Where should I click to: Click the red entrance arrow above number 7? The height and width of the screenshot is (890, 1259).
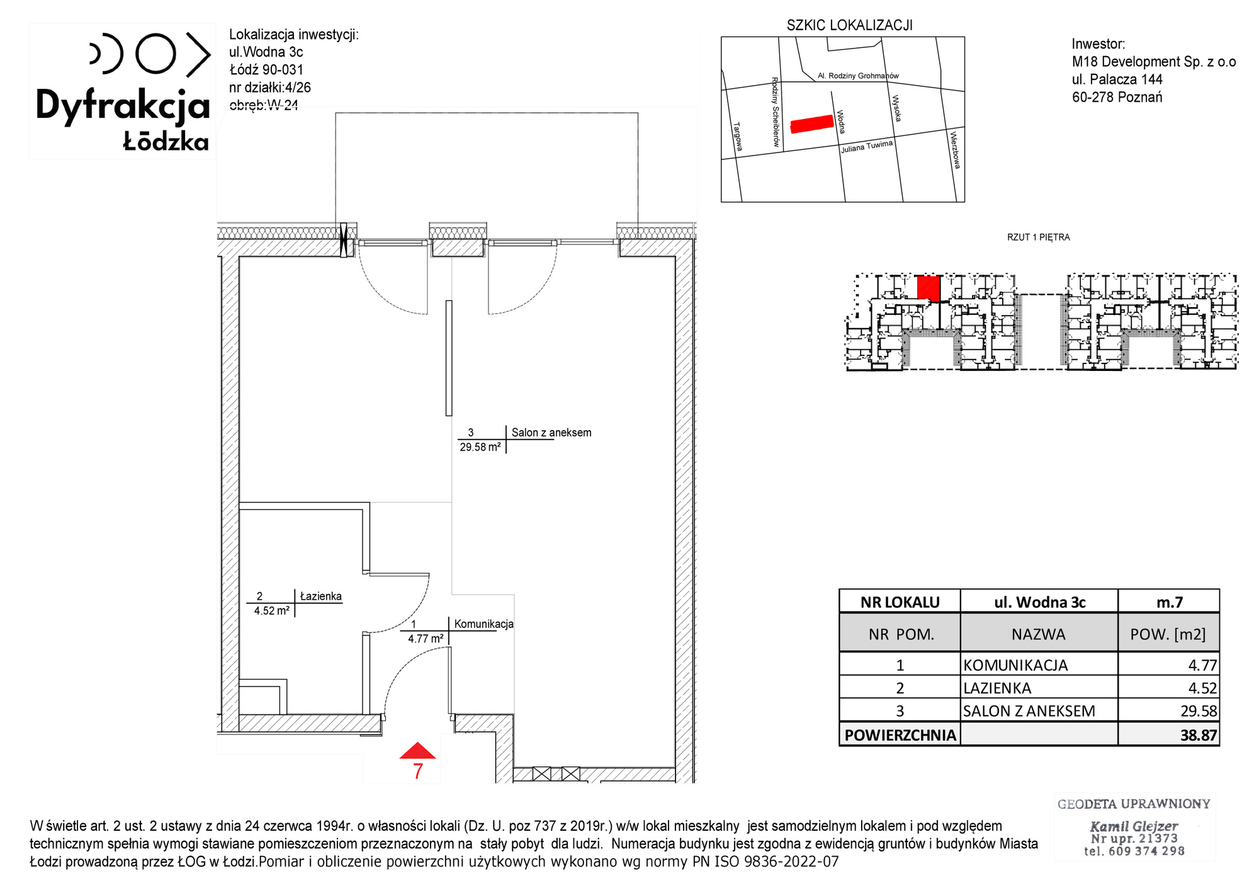coord(417,751)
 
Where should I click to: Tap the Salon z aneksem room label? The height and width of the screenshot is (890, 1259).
coord(551,433)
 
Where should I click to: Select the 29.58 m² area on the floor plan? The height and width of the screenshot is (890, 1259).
coord(480,447)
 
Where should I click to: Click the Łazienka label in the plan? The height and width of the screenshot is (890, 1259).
coord(321,596)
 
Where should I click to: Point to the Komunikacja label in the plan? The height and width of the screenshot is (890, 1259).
coord(484,624)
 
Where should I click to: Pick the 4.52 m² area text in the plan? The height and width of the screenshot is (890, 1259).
coord(272,611)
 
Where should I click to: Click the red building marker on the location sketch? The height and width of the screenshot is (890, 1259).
coord(812,124)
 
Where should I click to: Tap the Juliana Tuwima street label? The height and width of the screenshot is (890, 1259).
coord(867,147)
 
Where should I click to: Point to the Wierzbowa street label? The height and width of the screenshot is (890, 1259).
coord(955,150)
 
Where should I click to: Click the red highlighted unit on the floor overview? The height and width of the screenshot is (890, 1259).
coord(929,288)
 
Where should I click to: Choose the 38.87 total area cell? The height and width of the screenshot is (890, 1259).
coord(1199,735)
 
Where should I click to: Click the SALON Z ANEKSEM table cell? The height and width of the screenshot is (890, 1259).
coord(1029,711)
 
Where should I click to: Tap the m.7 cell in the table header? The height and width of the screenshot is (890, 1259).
coord(1170,602)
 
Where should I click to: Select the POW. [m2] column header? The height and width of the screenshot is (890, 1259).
coord(1168,634)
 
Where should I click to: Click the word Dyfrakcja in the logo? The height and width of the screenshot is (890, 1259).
coord(123,105)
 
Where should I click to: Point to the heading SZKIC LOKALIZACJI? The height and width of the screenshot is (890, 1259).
coord(850,25)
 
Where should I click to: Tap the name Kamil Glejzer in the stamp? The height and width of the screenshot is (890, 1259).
coord(1134,826)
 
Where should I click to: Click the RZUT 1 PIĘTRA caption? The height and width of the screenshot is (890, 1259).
coord(1039,237)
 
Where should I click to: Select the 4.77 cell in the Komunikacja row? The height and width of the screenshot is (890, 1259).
coord(1202,665)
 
